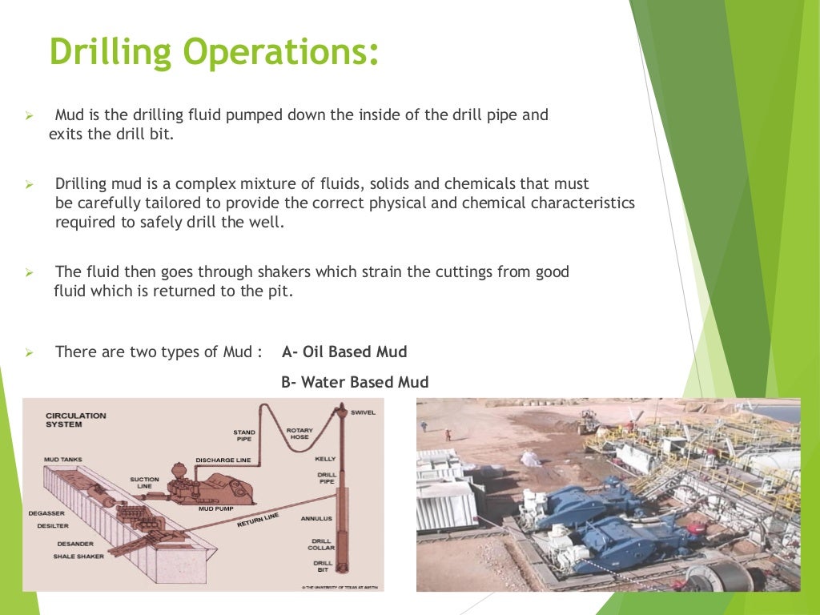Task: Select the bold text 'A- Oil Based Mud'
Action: (344, 352)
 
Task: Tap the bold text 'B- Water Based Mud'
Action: (355, 383)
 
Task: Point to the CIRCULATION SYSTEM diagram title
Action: (75, 420)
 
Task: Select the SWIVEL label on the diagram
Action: (363, 412)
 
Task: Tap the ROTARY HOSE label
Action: (299, 433)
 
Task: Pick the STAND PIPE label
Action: (243, 436)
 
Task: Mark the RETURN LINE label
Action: (258, 521)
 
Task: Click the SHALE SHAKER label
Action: (79, 556)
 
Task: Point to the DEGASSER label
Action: (46, 512)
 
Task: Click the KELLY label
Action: (326, 459)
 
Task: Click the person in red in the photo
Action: (448, 434)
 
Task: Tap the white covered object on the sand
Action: (529, 458)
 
